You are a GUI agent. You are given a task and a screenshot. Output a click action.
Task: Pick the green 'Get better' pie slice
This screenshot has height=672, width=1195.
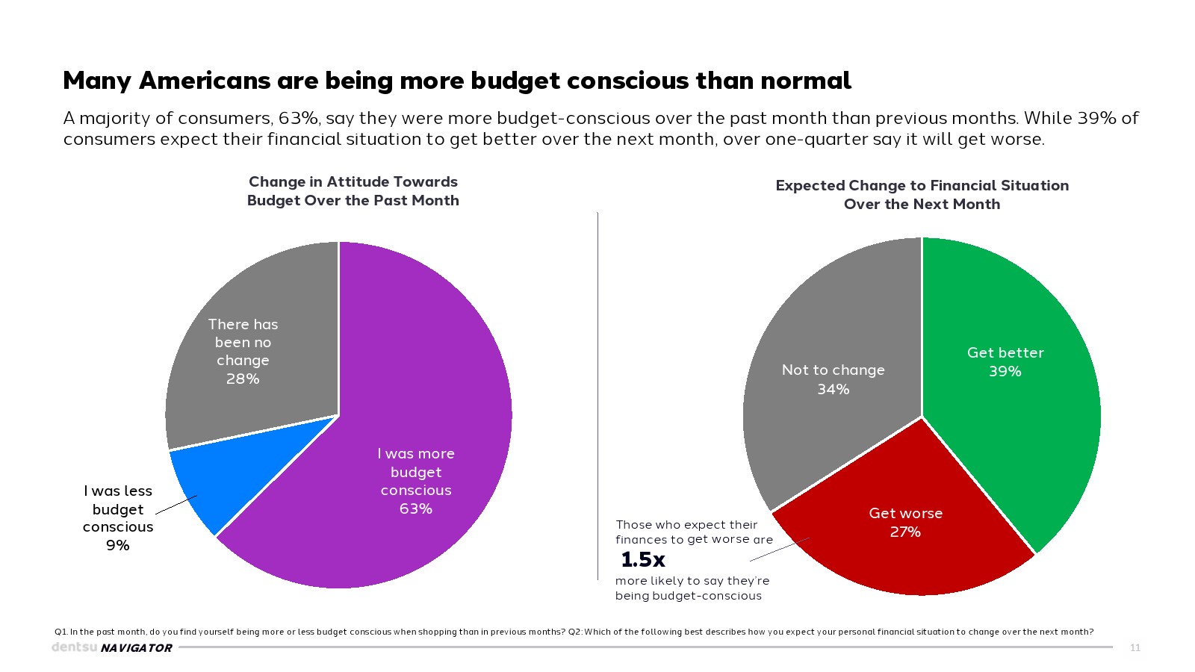pos(1016,418)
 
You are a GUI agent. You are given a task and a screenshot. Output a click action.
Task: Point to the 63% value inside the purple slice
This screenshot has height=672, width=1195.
pos(416,509)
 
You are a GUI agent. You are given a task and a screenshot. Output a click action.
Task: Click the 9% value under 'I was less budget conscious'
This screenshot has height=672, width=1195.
pos(118,546)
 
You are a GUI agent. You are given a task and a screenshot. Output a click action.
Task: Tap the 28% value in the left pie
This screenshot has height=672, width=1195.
pos(243,379)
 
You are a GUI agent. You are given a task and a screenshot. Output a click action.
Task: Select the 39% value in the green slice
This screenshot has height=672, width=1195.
pos(1005,372)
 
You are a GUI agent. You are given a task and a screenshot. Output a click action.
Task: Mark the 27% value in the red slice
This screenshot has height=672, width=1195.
pos(905,532)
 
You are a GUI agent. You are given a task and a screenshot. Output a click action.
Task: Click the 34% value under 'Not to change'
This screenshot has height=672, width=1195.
pos(834,390)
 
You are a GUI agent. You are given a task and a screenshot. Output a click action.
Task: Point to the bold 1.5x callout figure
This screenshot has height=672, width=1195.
pos(643,559)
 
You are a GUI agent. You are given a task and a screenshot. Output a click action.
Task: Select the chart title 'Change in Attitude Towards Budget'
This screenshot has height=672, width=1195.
pos(353,191)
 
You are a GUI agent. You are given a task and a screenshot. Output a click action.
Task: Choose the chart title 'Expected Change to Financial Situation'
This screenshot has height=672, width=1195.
pos(922,195)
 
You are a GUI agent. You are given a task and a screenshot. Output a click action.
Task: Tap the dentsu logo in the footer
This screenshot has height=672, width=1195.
pos(74,647)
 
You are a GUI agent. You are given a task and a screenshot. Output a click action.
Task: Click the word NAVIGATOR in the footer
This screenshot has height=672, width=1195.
pos(137,648)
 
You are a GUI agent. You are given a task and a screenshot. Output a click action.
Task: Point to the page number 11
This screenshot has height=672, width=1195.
pos(1135,648)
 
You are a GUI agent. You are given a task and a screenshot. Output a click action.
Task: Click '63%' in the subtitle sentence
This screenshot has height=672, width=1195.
pos(299,119)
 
